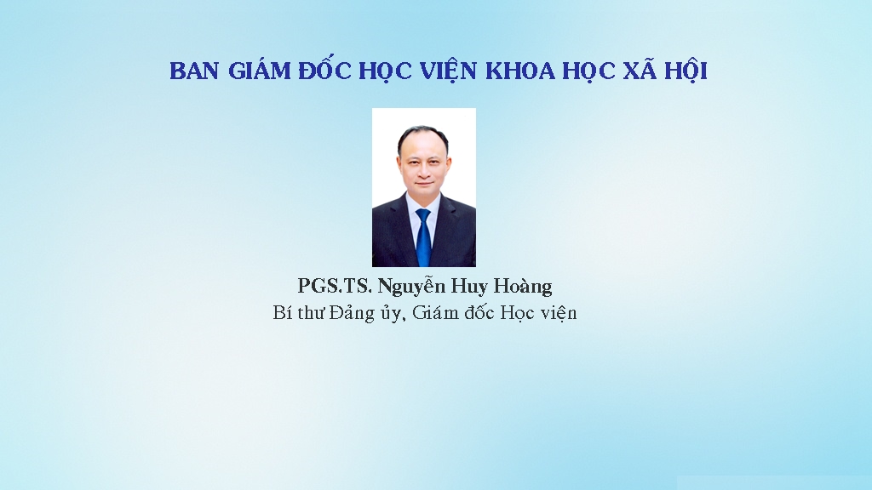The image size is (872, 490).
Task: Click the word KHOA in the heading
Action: click(x=520, y=71)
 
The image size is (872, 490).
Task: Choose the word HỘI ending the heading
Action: click(x=686, y=70)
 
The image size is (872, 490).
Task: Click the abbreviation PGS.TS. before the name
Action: click(x=335, y=286)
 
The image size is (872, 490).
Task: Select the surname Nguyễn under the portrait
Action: click(x=412, y=286)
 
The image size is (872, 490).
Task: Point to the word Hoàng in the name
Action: click(x=523, y=287)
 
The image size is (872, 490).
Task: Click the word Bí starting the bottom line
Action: click(x=282, y=313)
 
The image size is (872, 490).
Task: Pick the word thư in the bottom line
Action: click(x=310, y=313)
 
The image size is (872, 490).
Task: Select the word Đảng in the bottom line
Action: click(x=352, y=313)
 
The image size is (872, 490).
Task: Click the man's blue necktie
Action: click(x=424, y=237)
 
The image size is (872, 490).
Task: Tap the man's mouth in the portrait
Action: click(x=424, y=184)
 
